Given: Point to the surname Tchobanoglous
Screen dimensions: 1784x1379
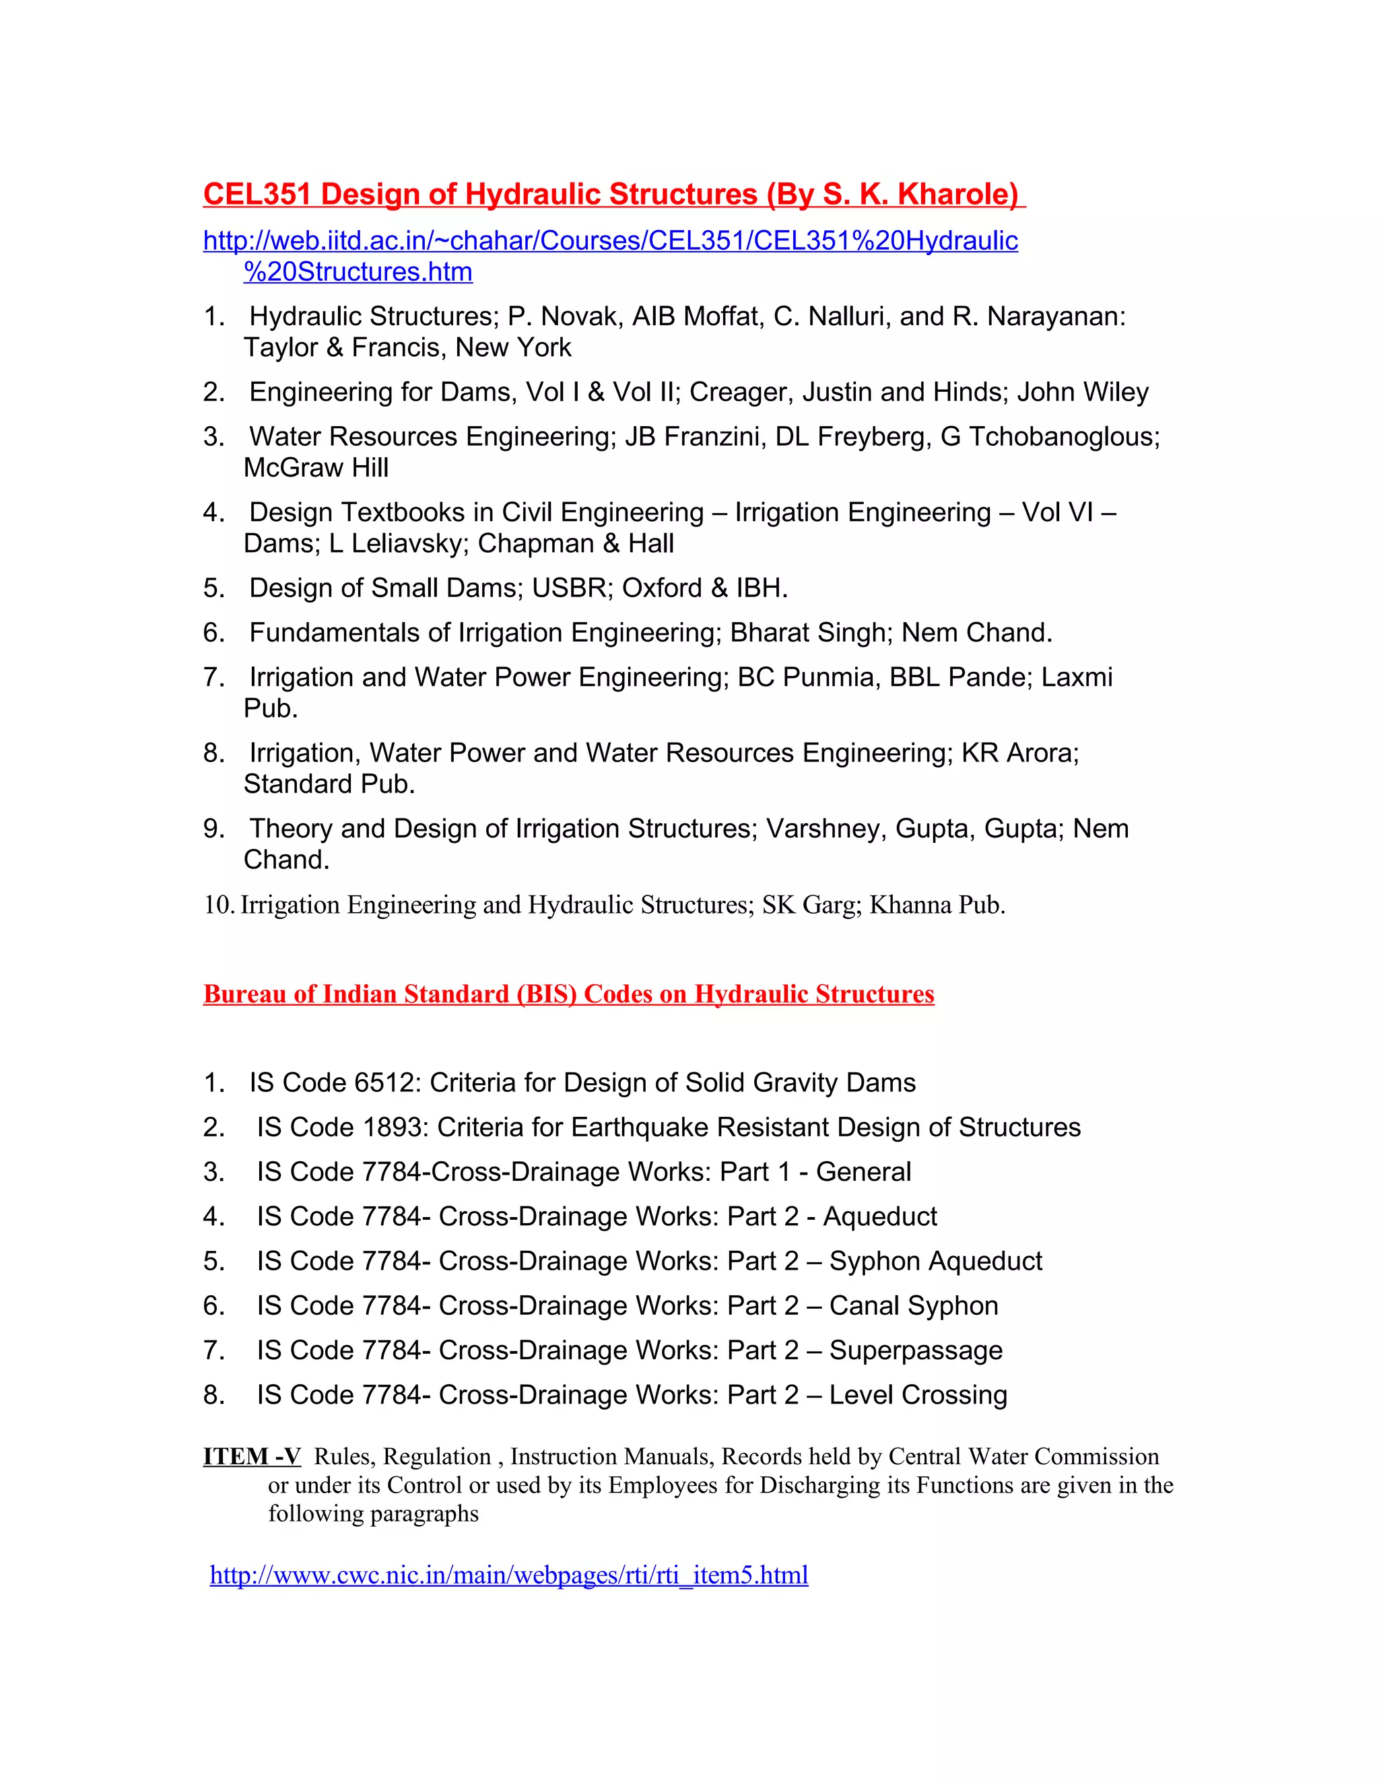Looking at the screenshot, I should coord(1064,437).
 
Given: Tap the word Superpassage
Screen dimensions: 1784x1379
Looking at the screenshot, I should coord(915,1350).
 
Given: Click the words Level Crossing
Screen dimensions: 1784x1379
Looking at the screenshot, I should coord(918,1395).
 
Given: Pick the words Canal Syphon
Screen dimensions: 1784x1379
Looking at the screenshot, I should coord(912,1305).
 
